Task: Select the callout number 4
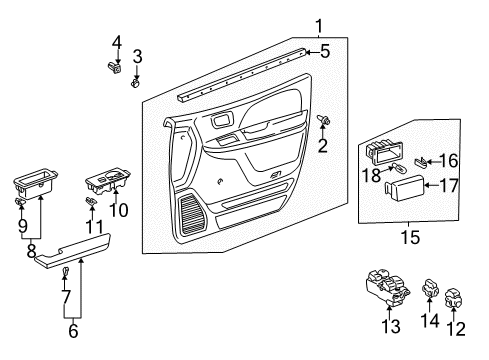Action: pyautogui.click(x=117, y=42)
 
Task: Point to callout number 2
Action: pyautogui.click(x=323, y=147)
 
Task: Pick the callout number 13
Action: pyautogui.click(x=393, y=326)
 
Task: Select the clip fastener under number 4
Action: pyautogui.click(x=115, y=69)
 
